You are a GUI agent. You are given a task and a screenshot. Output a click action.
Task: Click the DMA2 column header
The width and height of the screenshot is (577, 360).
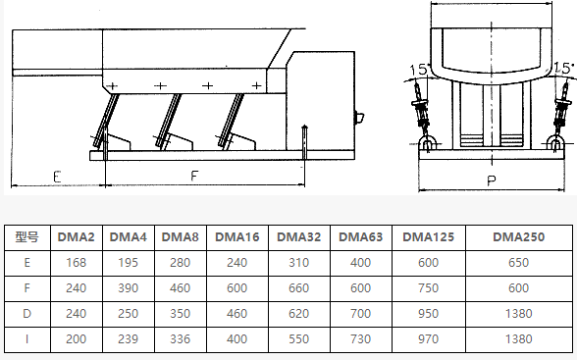tap(77, 237)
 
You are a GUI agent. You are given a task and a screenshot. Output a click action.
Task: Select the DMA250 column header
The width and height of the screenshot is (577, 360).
tap(518, 237)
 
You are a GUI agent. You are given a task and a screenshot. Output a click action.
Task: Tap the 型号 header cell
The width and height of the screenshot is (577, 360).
tap(26, 237)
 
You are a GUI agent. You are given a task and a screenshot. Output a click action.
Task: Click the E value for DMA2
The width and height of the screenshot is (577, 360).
tap(77, 263)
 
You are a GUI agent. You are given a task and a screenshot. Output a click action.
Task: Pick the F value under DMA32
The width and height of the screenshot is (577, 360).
tap(298, 288)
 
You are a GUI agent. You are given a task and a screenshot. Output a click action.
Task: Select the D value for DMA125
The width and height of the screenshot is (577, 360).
tap(428, 313)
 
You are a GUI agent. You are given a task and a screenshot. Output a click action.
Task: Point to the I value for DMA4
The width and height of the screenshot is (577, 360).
tap(128, 338)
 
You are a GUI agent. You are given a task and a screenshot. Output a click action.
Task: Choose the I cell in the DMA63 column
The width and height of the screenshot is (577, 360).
tap(361, 338)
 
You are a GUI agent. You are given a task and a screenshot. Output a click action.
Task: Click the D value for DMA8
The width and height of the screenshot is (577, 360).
tap(180, 313)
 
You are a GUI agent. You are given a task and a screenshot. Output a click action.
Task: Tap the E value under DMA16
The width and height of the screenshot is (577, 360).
tap(237, 263)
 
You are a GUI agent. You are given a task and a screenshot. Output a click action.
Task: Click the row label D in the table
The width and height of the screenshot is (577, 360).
tap(26, 313)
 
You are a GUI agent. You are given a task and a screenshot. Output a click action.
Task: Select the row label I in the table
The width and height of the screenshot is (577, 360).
tap(26, 338)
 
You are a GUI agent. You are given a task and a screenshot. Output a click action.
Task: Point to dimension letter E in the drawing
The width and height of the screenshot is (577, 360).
tap(57, 177)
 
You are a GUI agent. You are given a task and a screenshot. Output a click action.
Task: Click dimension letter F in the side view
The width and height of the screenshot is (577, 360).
tap(194, 176)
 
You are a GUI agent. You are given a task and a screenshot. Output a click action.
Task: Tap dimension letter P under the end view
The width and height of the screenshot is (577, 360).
tap(492, 180)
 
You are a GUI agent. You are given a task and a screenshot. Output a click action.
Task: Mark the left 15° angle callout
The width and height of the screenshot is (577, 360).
tap(419, 69)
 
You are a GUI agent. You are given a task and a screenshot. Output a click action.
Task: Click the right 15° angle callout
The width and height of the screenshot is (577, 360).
tap(564, 68)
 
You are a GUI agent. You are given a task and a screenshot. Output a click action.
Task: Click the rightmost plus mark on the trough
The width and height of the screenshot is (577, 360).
tap(256, 85)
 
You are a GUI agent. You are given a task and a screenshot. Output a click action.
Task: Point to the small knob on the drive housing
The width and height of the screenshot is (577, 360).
tap(359, 118)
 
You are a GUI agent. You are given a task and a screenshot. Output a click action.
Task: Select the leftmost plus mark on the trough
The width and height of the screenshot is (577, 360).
tap(112, 86)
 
